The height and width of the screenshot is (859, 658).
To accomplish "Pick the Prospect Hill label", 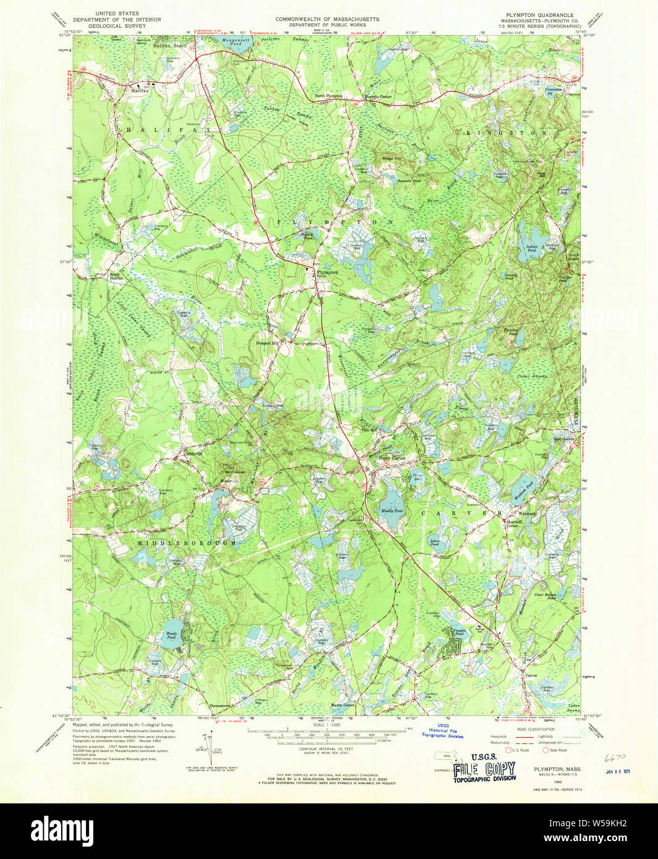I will point(268,342).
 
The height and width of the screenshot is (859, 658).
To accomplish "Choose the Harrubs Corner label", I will point(377,97).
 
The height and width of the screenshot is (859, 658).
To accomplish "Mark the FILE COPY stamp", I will point(484,769).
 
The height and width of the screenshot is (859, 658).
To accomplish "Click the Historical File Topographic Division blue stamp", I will point(442,730).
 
